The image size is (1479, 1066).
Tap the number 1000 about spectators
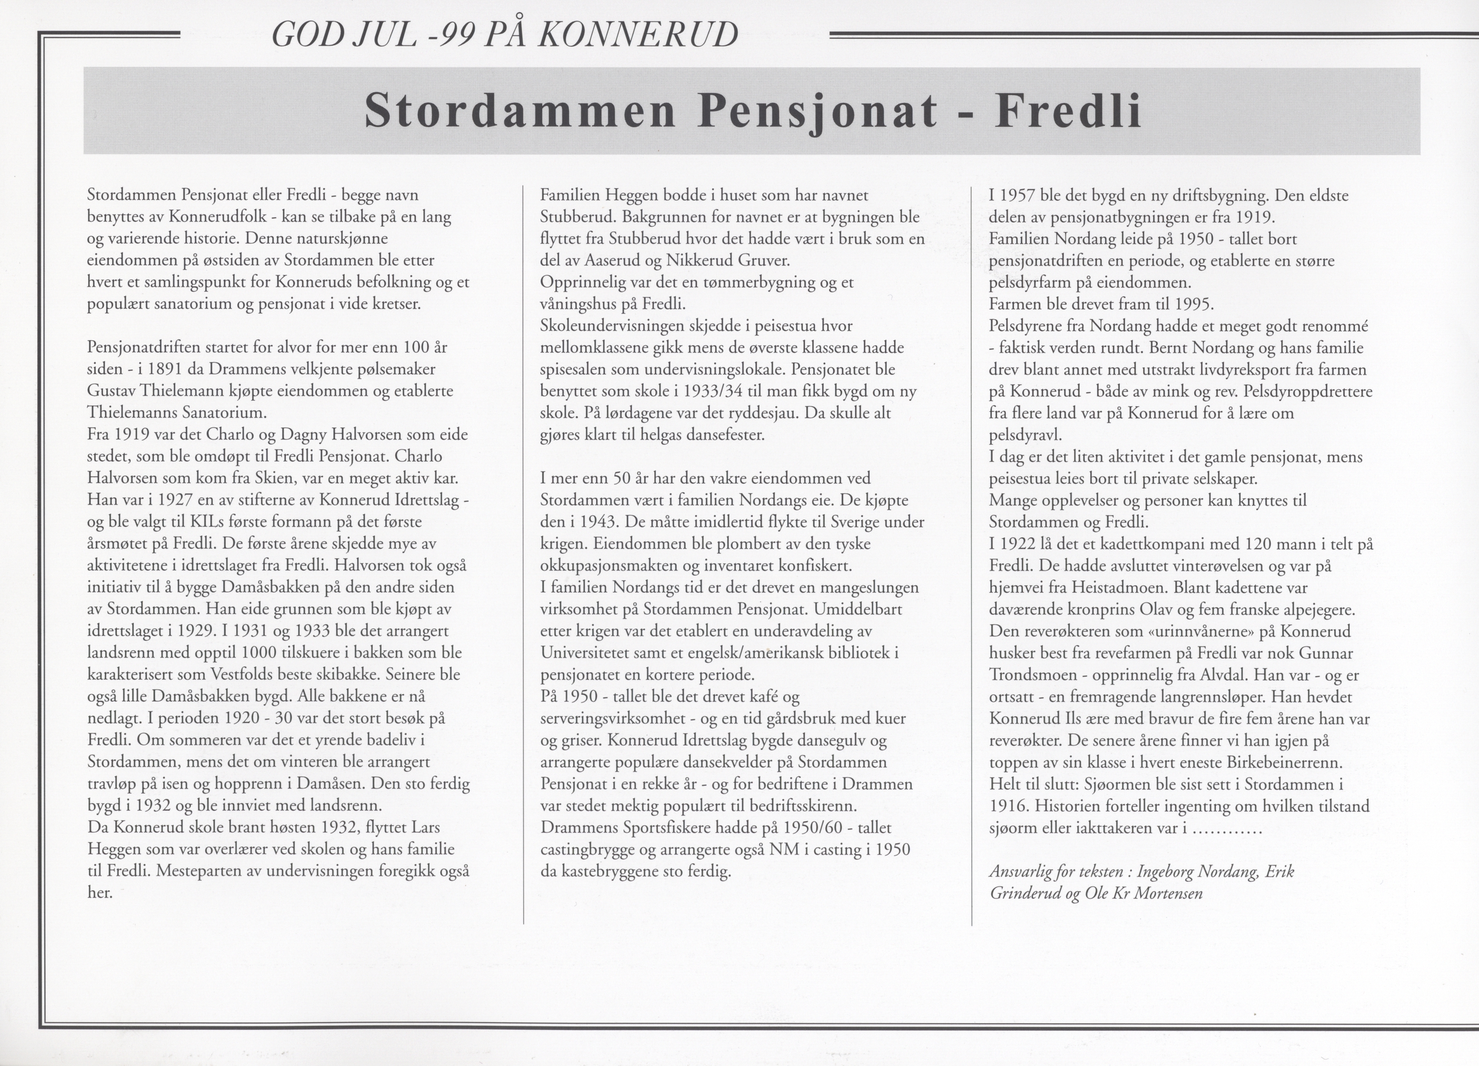point(259,653)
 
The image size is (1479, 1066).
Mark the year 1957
point(1023,195)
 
